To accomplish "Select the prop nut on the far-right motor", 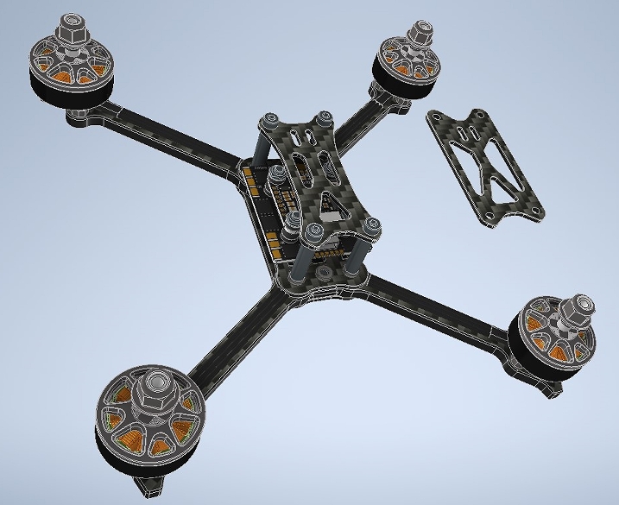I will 577,306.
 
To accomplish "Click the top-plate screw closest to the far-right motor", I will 373,226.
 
